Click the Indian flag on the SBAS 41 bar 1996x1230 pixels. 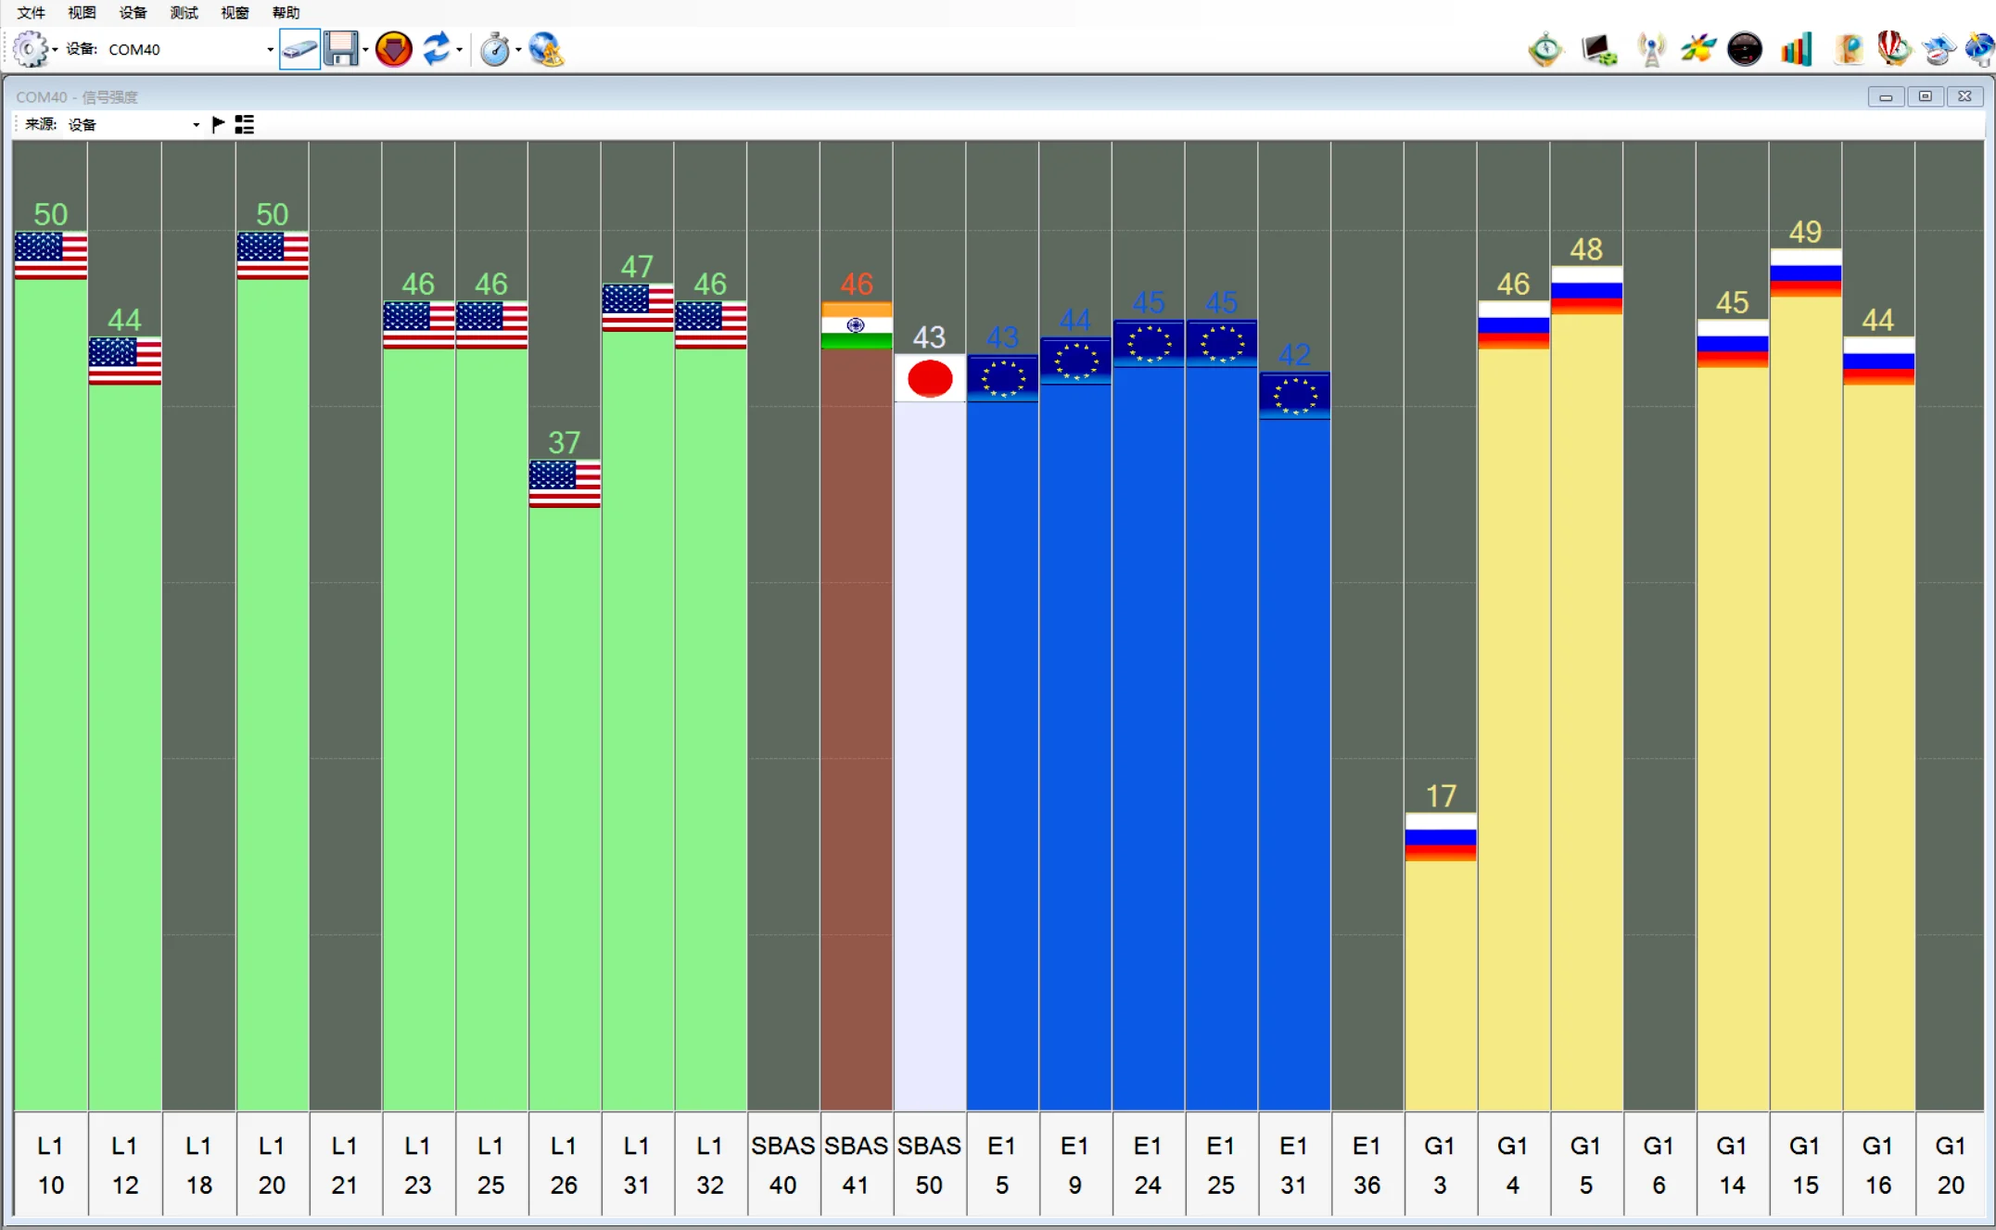(857, 325)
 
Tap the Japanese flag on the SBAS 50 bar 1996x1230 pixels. (930, 378)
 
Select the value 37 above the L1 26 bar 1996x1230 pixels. (564, 442)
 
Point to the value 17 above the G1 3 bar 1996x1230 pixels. (1441, 795)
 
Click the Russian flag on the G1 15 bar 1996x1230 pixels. (1805, 273)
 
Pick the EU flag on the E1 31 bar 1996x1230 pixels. (1294, 396)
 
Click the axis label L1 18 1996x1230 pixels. (198, 1165)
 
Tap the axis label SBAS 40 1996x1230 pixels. (782, 1165)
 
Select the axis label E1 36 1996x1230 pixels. (1367, 1165)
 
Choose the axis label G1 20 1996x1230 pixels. (1951, 1165)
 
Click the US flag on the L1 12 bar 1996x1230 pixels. (125, 361)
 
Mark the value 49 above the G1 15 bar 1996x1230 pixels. (1805, 232)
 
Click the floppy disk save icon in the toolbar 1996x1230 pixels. (341, 48)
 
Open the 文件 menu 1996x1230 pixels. (31, 12)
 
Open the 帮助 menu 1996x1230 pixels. (286, 12)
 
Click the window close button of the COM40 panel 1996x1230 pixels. (1964, 96)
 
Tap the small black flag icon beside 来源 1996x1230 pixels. (218, 124)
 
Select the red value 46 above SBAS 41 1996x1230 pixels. (857, 284)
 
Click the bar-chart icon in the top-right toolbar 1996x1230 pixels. (1796, 48)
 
